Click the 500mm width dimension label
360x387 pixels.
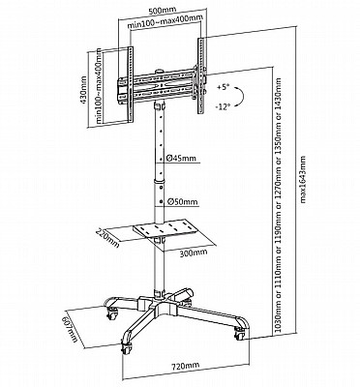[x=161, y=11]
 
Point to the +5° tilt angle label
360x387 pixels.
[x=224, y=87]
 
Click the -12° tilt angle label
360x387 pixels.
[x=224, y=106]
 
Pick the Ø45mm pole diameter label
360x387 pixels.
[x=181, y=158]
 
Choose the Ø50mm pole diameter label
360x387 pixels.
[x=182, y=202]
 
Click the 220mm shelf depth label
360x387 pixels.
[x=107, y=237]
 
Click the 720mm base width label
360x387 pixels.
[x=185, y=366]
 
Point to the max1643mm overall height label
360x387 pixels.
[x=303, y=179]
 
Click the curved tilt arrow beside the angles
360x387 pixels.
[x=240, y=97]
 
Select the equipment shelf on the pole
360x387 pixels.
[x=166, y=228]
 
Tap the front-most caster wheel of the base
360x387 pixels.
[x=127, y=348]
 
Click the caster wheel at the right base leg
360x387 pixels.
[x=240, y=334]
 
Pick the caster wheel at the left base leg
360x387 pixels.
[x=111, y=313]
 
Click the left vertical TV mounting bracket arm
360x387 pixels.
[x=131, y=85]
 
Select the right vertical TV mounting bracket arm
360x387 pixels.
[x=200, y=75]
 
